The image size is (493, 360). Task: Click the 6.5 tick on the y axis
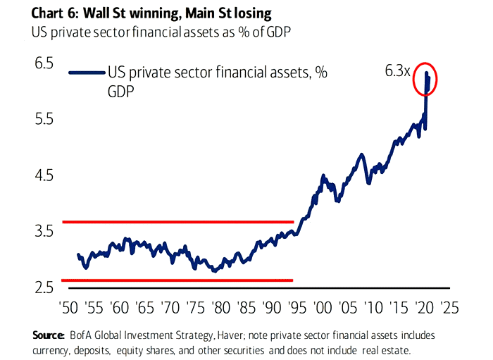(24, 63)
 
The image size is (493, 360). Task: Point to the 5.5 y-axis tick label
(24, 119)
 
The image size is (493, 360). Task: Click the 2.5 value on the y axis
(24, 287)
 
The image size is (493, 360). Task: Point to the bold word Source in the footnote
(49, 333)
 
